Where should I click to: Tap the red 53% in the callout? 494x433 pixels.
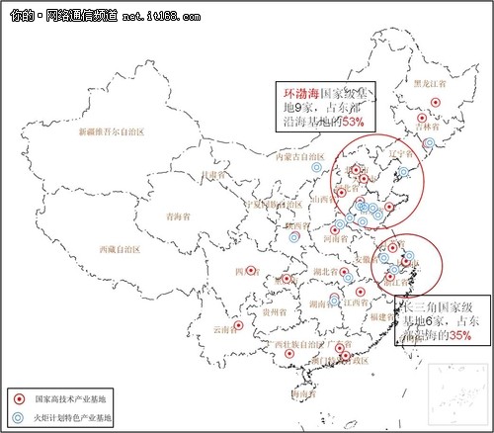(x=353, y=120)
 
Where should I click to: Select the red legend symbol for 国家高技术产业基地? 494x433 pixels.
(x=18, y=398)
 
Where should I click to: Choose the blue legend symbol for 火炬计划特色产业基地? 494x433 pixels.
(x=18, y=418)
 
